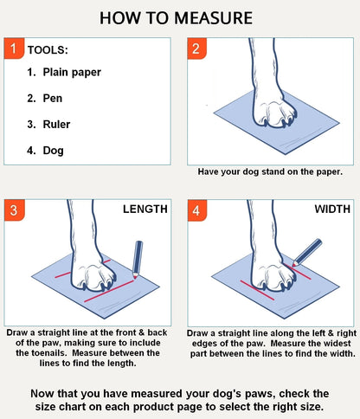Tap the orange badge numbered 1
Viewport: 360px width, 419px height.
click(x=15, y=48)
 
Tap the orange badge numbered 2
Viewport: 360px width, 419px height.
click(x=197, y=48)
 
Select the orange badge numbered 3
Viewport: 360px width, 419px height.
click(x=15, y=210)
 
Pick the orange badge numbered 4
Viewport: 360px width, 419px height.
click(x=197, y=210)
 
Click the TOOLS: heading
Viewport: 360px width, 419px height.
click(x=48, y=51)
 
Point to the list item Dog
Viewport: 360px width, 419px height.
click(x=53, y=150)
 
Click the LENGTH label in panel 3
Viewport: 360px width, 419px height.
click(x=145, y=209)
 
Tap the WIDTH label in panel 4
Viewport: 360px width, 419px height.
click(x=332, y=209)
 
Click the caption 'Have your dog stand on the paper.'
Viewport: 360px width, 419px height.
click(x=270, y=171)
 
